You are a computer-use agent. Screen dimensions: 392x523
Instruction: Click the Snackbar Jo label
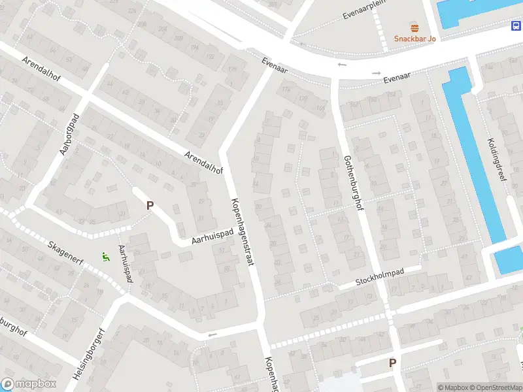[x=414, y=39]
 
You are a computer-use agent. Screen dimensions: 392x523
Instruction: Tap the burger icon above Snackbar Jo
[x=414, y=27]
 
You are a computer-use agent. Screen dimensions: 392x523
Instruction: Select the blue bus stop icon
[x=516, y=25]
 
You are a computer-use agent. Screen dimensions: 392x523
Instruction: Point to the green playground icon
[x=105, y=257]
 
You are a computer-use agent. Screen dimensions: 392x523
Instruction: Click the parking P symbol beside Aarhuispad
[x=150, y=205]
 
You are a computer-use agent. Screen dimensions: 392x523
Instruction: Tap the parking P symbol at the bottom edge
[x=393, y=363]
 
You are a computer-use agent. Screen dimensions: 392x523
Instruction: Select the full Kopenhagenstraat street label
[x=240, y=222]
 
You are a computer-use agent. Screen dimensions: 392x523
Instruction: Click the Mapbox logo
[x=28, y=384]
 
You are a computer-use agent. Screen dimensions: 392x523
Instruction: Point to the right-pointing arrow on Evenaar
[x=375, y=73]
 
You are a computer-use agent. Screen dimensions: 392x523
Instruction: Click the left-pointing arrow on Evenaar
[x=341, y=65]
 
